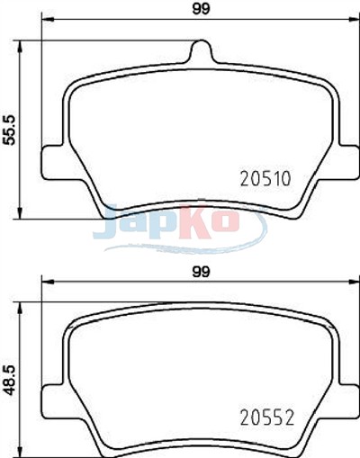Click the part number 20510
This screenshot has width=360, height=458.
tap(265, 178)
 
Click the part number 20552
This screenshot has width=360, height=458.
tap(267, 418)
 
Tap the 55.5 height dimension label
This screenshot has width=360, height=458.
tap(10, 130)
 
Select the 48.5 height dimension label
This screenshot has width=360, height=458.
tap(10, 380)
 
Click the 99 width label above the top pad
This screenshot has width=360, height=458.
tap(201, 9)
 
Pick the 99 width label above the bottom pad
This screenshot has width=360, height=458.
tap(201, 272)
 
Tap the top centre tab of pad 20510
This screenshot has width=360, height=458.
tap(202, 51)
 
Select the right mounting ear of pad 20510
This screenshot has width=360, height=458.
tap(348, 163)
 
